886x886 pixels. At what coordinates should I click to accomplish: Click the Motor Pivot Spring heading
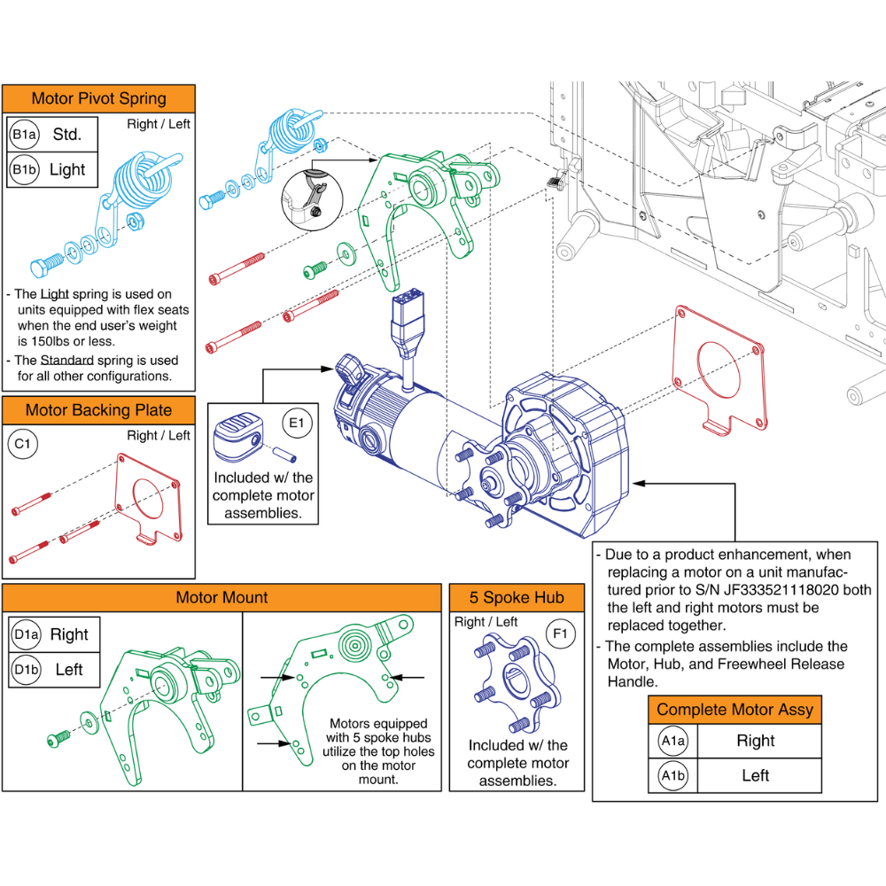point(98,98)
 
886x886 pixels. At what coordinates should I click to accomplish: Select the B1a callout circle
point(24,135)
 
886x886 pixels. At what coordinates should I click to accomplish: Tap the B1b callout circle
point(24,169)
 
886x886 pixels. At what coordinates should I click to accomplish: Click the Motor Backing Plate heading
point(98,409)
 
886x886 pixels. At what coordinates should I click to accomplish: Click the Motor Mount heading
point(221,597)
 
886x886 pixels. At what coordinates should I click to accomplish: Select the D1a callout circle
point(24,634)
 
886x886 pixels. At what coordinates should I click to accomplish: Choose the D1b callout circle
point(24,669)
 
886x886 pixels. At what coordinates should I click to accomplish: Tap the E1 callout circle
point(296,424)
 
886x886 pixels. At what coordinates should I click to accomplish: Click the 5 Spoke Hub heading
point(517,597)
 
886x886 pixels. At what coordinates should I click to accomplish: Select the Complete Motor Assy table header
point(734,709)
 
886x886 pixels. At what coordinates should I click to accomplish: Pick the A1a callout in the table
point(672,741)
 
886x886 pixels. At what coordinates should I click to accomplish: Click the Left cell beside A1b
point(755,775)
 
